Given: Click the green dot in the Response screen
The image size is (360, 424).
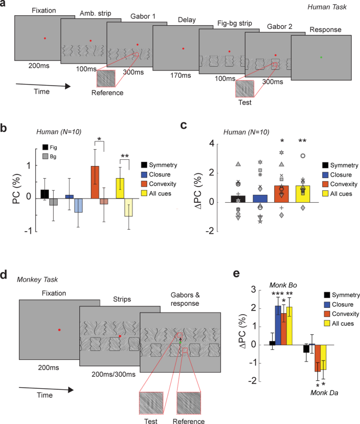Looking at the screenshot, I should coord(321,57).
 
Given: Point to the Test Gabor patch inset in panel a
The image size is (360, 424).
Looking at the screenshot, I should coord(244,88).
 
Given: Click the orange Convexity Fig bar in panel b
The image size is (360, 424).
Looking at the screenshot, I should coord(95,182).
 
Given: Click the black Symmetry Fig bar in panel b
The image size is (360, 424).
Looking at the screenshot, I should coord(45,194).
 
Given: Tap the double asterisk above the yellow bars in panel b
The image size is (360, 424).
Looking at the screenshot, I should coord(125,157).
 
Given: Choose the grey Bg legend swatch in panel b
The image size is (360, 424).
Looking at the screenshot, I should coord(46,157).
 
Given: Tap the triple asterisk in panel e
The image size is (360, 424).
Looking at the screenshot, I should coord(277,293).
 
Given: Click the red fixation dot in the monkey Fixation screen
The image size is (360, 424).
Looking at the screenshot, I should coord(59,329).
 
